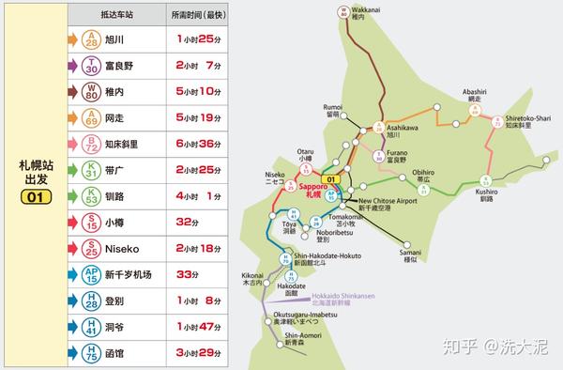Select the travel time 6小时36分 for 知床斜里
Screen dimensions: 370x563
[198, 145]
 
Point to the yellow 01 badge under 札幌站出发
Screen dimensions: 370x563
[36, 197]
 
